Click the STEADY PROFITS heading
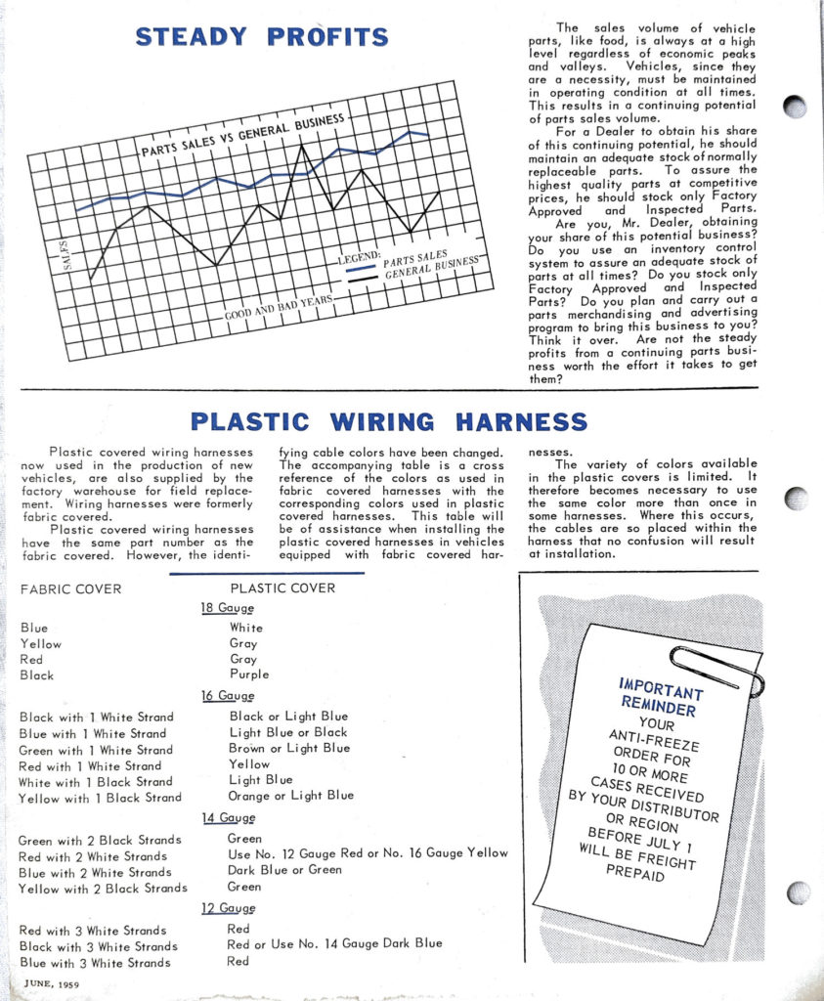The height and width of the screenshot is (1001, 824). pos(262,37)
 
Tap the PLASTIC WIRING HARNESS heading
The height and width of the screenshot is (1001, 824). pos(389,422)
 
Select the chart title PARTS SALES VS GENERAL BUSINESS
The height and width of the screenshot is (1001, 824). pos(243,137)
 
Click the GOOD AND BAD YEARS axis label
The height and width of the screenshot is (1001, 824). pos(280,307)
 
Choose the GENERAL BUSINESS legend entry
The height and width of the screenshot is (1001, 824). pos(431,267)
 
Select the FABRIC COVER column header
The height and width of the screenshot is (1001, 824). pos(70,588)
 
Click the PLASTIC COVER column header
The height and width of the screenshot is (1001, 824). pos(282,588)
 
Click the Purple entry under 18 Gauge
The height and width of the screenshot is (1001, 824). pos(249,675)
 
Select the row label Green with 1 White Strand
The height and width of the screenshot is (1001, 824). pos(97,750)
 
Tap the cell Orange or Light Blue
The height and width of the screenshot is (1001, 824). pos(290,796)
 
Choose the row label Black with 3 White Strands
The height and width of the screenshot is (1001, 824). pos(99,946)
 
